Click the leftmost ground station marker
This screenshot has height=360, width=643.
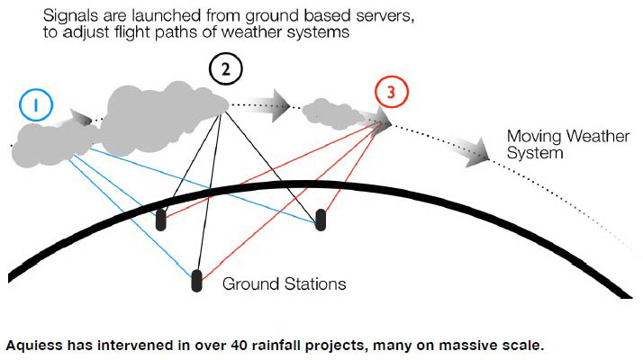[160, 220]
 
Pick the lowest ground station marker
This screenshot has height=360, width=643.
[196, 280]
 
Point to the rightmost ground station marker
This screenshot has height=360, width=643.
[319, 219]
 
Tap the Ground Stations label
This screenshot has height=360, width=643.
[285, 283]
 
